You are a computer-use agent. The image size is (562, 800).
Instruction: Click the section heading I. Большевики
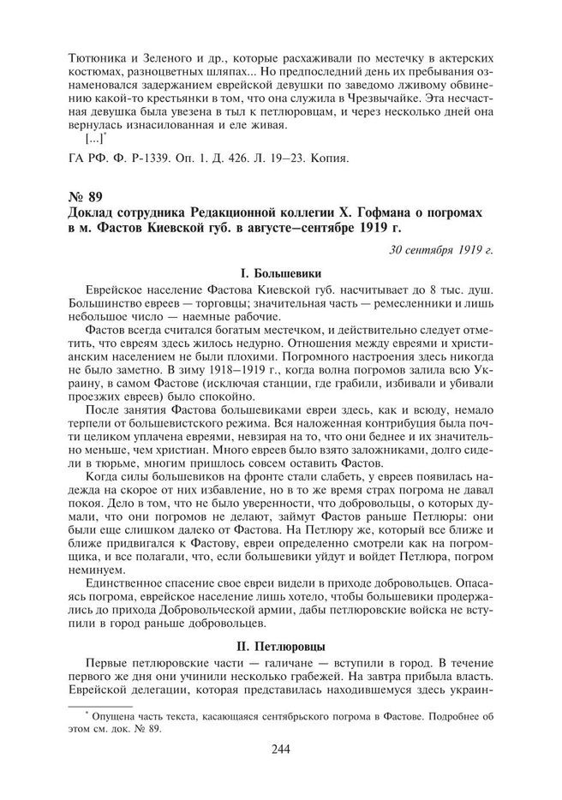point(281,273)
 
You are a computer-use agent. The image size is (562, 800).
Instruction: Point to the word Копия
point(326,159)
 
